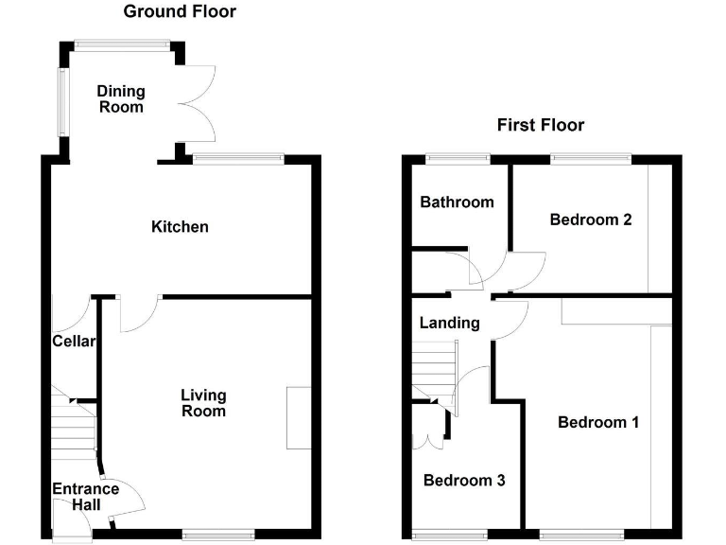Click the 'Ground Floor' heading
pyautogui.click(x=180, y=12)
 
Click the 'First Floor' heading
pyautogui.click(x=541, y=125)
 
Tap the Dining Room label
pyautogui.click(x=121, y=99)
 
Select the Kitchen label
pyautogui.click(x=180, y=227)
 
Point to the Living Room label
pyautogui.click(x=204, y=403)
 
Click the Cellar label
pyautogui.click(x=73, y=342)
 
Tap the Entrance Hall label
pyautogui.click(x=85, y=498)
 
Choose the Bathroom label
pyautogui.click(x=457, y=202)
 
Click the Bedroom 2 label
pyautogui.click(x=591, y=220)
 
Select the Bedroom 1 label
pyautogui.click(x=597, y=422)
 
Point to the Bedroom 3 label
pyautogui.click(x=463, y=481)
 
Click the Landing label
pyautogui.click(x=449, y=323)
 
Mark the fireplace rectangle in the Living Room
pyautogui.click(x=299, y=417)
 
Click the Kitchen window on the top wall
pyautogui.click(x=236, y=157)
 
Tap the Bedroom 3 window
pyautogui.click(x=450, y=536)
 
